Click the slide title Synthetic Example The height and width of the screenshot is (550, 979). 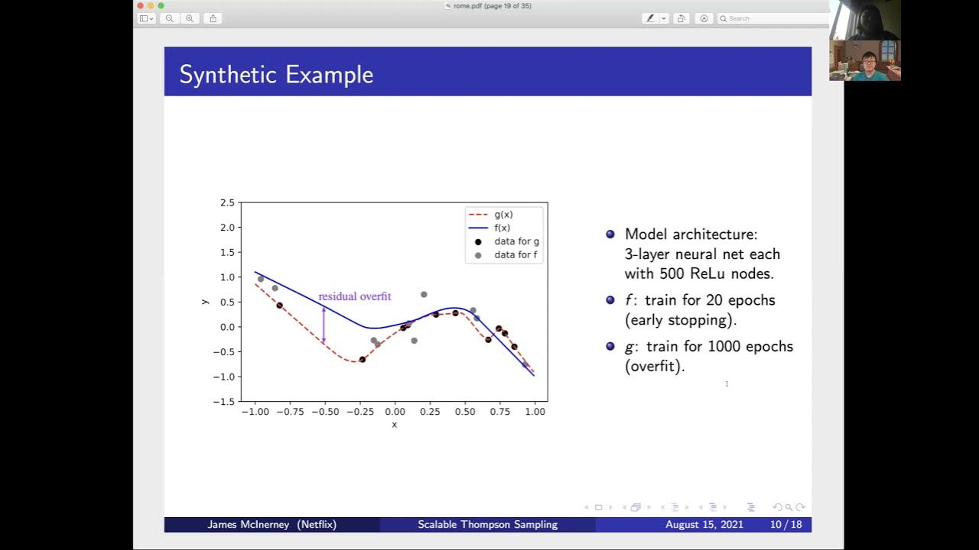coord(276,74)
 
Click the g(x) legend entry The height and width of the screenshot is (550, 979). coord(503,215)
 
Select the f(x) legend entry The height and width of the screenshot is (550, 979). coord(502,228)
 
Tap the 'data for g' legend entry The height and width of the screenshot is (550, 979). coord(516,241)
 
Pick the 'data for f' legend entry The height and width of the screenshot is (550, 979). coord(516,255)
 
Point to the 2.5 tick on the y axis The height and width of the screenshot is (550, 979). coord(227,202)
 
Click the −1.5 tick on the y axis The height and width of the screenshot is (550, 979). coord(226,402)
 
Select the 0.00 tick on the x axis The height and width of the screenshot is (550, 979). coord(395,412)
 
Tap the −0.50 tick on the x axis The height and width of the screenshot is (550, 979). coord(324,412)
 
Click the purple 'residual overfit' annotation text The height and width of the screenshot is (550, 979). coord(354,296)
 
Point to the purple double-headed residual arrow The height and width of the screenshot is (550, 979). coord(324,325)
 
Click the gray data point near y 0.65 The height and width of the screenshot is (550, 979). coord(424,294)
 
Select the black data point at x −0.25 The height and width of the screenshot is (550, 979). coord(363,359)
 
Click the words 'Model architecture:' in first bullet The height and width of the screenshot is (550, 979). coord(691,235)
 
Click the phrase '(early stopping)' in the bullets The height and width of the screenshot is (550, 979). coord(681,320)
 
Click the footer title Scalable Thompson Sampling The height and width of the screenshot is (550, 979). coord(487,525)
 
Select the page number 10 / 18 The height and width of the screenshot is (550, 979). coord(785,525)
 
